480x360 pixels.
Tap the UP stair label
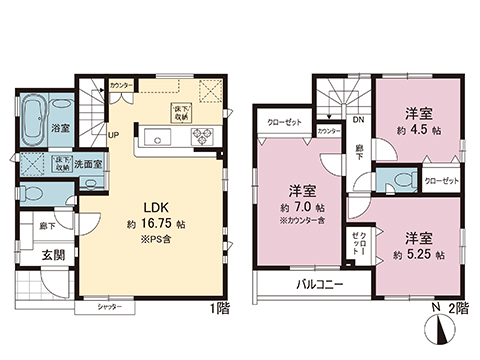(x=113, y=135)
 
